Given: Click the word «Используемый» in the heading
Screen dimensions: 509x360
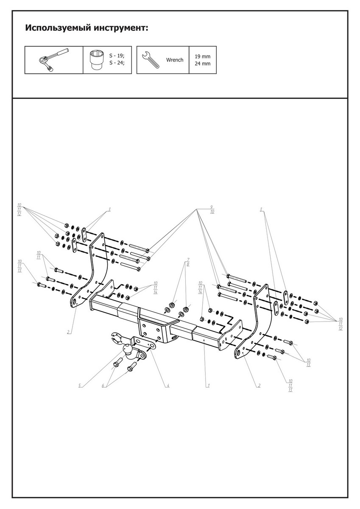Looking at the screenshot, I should coord(57,28).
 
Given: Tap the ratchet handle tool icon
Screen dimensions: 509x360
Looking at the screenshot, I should coord(54,60).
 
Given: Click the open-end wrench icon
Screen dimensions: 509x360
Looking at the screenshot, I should coord(151,60).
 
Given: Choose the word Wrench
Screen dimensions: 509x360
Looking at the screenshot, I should coord(175,60).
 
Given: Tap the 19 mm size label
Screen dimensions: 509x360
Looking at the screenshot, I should coord(202,56).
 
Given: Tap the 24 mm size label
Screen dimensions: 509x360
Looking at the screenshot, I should coord(202,64).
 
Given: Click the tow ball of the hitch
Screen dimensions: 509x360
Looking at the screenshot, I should coord(128,349).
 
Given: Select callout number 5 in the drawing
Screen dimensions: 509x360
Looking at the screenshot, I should coord(79,386).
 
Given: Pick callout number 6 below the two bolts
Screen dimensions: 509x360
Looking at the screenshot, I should coord(102,386).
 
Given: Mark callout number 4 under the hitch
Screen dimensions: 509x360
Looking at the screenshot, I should coord(168,386).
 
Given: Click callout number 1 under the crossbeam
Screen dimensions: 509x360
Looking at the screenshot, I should coord(208,386).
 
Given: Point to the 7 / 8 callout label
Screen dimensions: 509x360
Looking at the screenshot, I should coord(188,261).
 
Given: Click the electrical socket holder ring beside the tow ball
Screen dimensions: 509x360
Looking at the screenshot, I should coord(115,339).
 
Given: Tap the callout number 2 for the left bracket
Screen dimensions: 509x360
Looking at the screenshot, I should coord(68,332).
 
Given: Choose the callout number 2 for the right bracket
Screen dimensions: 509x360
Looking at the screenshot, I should coord(259,386).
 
